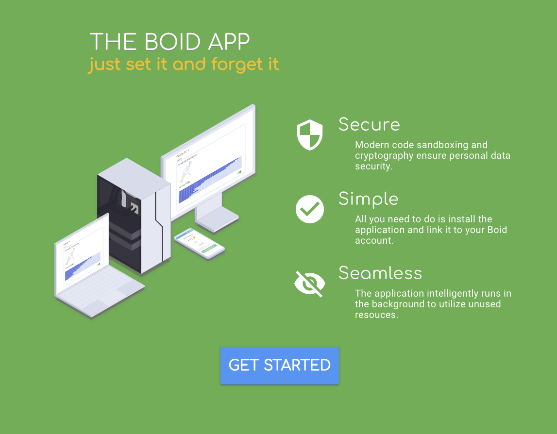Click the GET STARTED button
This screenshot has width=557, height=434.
(279, 366)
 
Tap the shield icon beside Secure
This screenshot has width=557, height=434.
(309, 134)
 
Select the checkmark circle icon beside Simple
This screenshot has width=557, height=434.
(309, 209)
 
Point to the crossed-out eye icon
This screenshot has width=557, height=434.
(309, 284)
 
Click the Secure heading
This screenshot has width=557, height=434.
(369, 125)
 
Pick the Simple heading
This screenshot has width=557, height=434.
(368, 199)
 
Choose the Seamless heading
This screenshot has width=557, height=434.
(380, 273)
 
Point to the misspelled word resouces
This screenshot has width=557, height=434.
(376, 315)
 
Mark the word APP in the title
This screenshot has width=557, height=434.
(229, 42)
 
